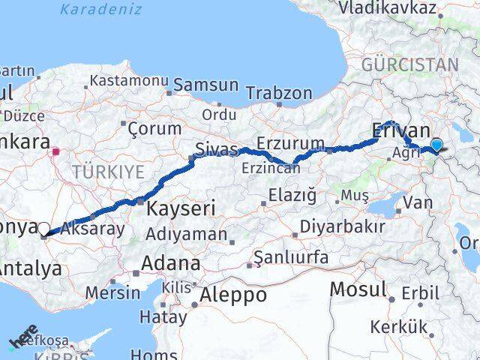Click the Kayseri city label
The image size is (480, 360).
pyautogui.click(x=180, y=208)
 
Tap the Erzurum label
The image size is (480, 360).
pyautogui.click(x=290, y=142)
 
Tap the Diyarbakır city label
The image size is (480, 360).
pyautogui.click(x=342, y=226)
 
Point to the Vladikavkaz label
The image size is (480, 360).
pyautogui.click(x=387, y=8)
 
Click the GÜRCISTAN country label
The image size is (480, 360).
pyautogui.click(x=409, y=64)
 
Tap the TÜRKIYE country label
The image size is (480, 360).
pyautogui.click(x=108, y=172)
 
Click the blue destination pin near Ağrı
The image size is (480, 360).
pyautogui.click(x=437, y=145)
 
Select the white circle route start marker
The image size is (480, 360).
pyautogui.click(x=43, y=229)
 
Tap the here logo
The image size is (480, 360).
pyautogui.click(x=23, y=337)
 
